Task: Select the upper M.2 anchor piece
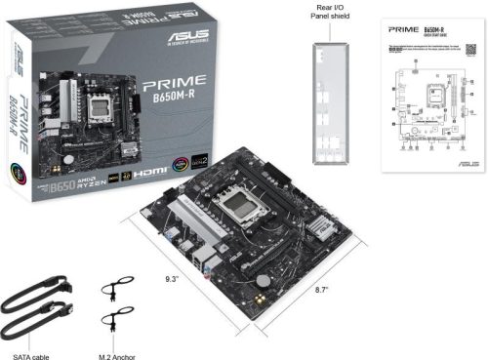coord(116,293)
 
